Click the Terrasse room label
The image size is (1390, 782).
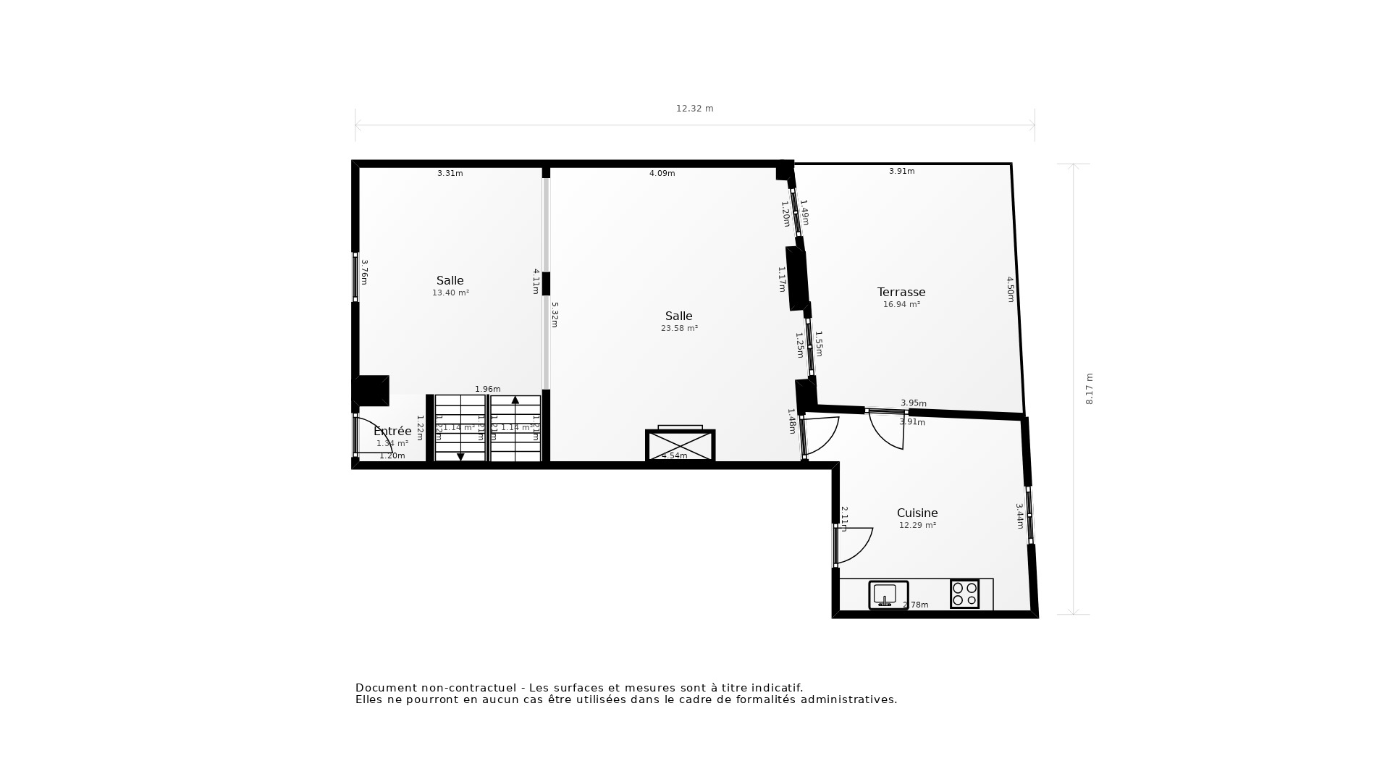coord(901,292)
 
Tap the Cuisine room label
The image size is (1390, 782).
coord(917,513)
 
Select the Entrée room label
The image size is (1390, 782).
coord(392,431)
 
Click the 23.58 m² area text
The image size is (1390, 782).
coord(679,328)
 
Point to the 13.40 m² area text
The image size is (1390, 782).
coord(450,293)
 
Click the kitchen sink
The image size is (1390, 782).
coord(888,594)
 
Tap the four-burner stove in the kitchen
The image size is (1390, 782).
coord(964,594)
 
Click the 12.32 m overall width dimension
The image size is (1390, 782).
coord(694,109)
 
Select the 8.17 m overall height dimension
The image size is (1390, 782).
coord(1090,389)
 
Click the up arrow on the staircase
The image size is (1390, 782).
coord(515,400)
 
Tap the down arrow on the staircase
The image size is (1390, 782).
coord(460,457)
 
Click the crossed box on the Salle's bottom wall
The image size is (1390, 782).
coord(680,445)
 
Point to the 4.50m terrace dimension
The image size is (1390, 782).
coord(1011,289)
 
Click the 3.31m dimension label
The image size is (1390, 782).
coord(450,173)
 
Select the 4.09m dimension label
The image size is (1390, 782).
coord(662,173)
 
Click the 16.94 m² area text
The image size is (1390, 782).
coord(901,305)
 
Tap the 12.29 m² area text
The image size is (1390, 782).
coord(917,526)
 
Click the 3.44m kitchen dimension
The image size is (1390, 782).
coord(1019,516)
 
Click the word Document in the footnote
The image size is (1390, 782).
coord(386,688)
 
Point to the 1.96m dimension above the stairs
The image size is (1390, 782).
coord(487,390)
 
